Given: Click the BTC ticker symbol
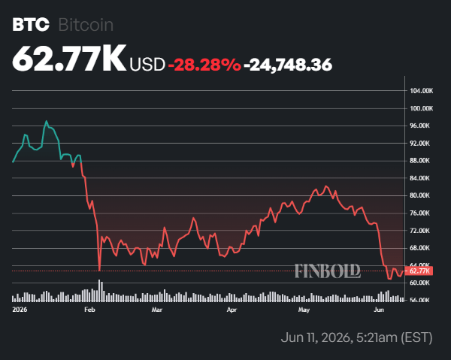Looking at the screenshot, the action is pos(31,25).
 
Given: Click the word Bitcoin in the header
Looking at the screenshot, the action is pos(86,25).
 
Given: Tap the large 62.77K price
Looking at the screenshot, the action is pos(69,59).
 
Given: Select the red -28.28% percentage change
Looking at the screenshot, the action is pos(204,65).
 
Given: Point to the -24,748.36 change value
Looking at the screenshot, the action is pos(288,65).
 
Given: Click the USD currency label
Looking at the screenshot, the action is pos(147,65).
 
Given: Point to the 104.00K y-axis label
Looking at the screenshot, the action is pos(422,91).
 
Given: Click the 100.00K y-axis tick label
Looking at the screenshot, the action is pos(422,108).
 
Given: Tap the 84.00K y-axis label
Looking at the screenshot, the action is pos(419,178).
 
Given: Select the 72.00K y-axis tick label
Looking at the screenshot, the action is pos(419,231).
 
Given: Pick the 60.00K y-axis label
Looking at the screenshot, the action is pos(419,283).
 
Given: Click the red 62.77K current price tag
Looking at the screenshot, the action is pos(419,271).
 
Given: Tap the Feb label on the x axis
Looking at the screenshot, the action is pos(89,310).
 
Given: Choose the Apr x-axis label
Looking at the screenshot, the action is pos(232,310).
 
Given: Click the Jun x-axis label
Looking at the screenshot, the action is pos(379,310).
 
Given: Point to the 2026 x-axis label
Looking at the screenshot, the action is pos(20,310).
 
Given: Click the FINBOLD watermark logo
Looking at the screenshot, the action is pos(328,271).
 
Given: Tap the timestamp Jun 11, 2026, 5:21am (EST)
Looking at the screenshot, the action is pos(356,337).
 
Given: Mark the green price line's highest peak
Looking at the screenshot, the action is pos(47,121).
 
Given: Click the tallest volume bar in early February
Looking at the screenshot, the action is pos(99,290).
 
